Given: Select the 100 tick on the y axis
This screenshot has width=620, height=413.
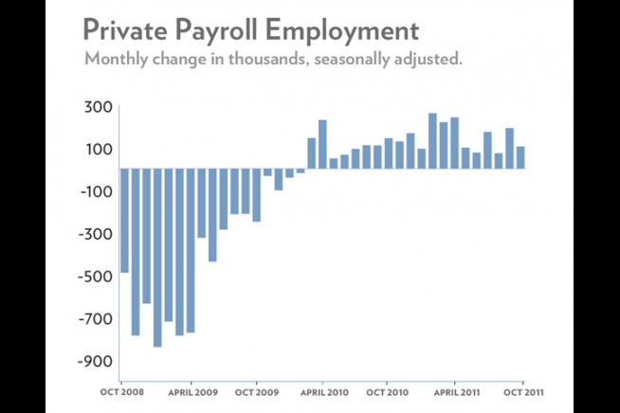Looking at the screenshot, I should [x=100, y=149].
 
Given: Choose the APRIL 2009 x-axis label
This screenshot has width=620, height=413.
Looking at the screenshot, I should [x=192, y=389].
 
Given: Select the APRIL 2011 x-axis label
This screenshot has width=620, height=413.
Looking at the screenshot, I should [x=454, y=389].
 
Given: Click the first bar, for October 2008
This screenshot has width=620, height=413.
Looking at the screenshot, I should [x=124, y=220].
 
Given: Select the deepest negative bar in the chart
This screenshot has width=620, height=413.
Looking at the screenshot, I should [x=157, y=257].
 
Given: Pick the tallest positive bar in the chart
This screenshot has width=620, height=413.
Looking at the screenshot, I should [x=432, y=141].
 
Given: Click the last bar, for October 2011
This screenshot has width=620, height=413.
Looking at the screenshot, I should [x=520, y=157].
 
